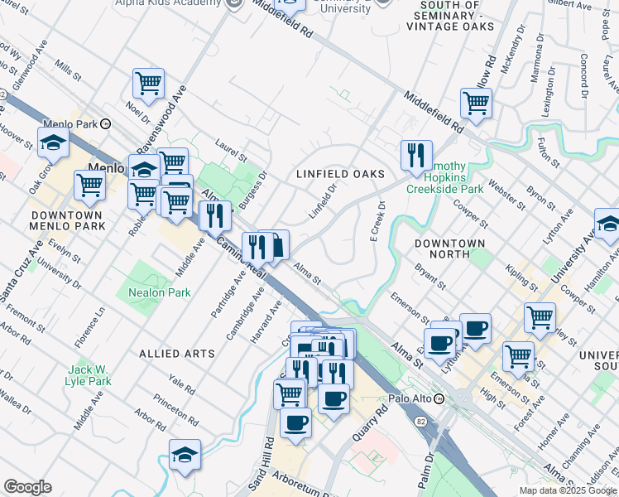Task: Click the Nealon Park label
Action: pyautogui.click(x=159, y=292)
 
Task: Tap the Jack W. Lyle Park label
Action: pyautogui.click(x=89, y=375)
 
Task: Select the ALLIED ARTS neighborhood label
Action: pyautogui.click(x=177, y=353)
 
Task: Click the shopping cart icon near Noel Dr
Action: pyautogui.click(x=148, y=83)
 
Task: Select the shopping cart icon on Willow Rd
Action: pyautogui.click(x=476, y=104)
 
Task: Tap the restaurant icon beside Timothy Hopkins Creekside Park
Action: pyautogui.click(x=416, y=154)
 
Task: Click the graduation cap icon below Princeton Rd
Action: pyautogui.click(x=185, y=454)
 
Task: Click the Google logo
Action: pyautogui.click(x=28, y=487)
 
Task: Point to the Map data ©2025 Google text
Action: pyautogui.click(x=568, y=490)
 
